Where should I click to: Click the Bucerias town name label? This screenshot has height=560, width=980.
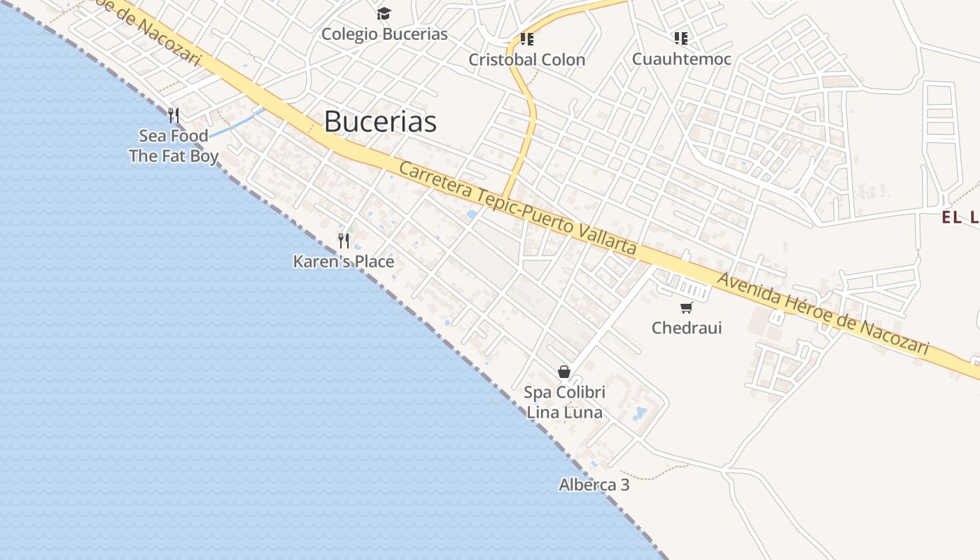coord(380,122)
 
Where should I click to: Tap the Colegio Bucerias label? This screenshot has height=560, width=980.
coord(384,34)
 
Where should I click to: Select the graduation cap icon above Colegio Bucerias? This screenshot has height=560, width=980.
coord(384,13)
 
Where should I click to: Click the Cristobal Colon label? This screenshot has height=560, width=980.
coord(526,59)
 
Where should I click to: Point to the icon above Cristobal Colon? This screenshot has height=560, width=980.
coord(526,38)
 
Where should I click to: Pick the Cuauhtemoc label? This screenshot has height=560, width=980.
coord(681,59)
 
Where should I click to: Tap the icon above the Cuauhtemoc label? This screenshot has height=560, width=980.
coord(680,38)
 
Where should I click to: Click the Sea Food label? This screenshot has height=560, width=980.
coord(174,136)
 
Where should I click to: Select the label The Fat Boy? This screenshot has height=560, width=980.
coord(174,156)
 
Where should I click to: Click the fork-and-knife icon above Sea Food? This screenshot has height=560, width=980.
coord(174,115)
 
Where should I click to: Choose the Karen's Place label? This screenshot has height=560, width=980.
coord(344,262)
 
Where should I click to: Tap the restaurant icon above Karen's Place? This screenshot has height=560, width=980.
coord(344,241)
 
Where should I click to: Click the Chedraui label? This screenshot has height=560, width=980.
coord(686,328)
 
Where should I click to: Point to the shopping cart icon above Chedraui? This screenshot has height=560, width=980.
coord(686,307)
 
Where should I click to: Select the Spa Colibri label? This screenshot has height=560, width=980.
coord(564,392)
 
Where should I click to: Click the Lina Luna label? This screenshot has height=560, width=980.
coord(564,412)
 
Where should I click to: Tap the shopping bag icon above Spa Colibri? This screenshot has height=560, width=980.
coord(564,372)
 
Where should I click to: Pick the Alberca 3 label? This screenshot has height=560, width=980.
coord(594,484)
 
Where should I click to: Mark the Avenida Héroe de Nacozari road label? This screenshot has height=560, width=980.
coord(823,313)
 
